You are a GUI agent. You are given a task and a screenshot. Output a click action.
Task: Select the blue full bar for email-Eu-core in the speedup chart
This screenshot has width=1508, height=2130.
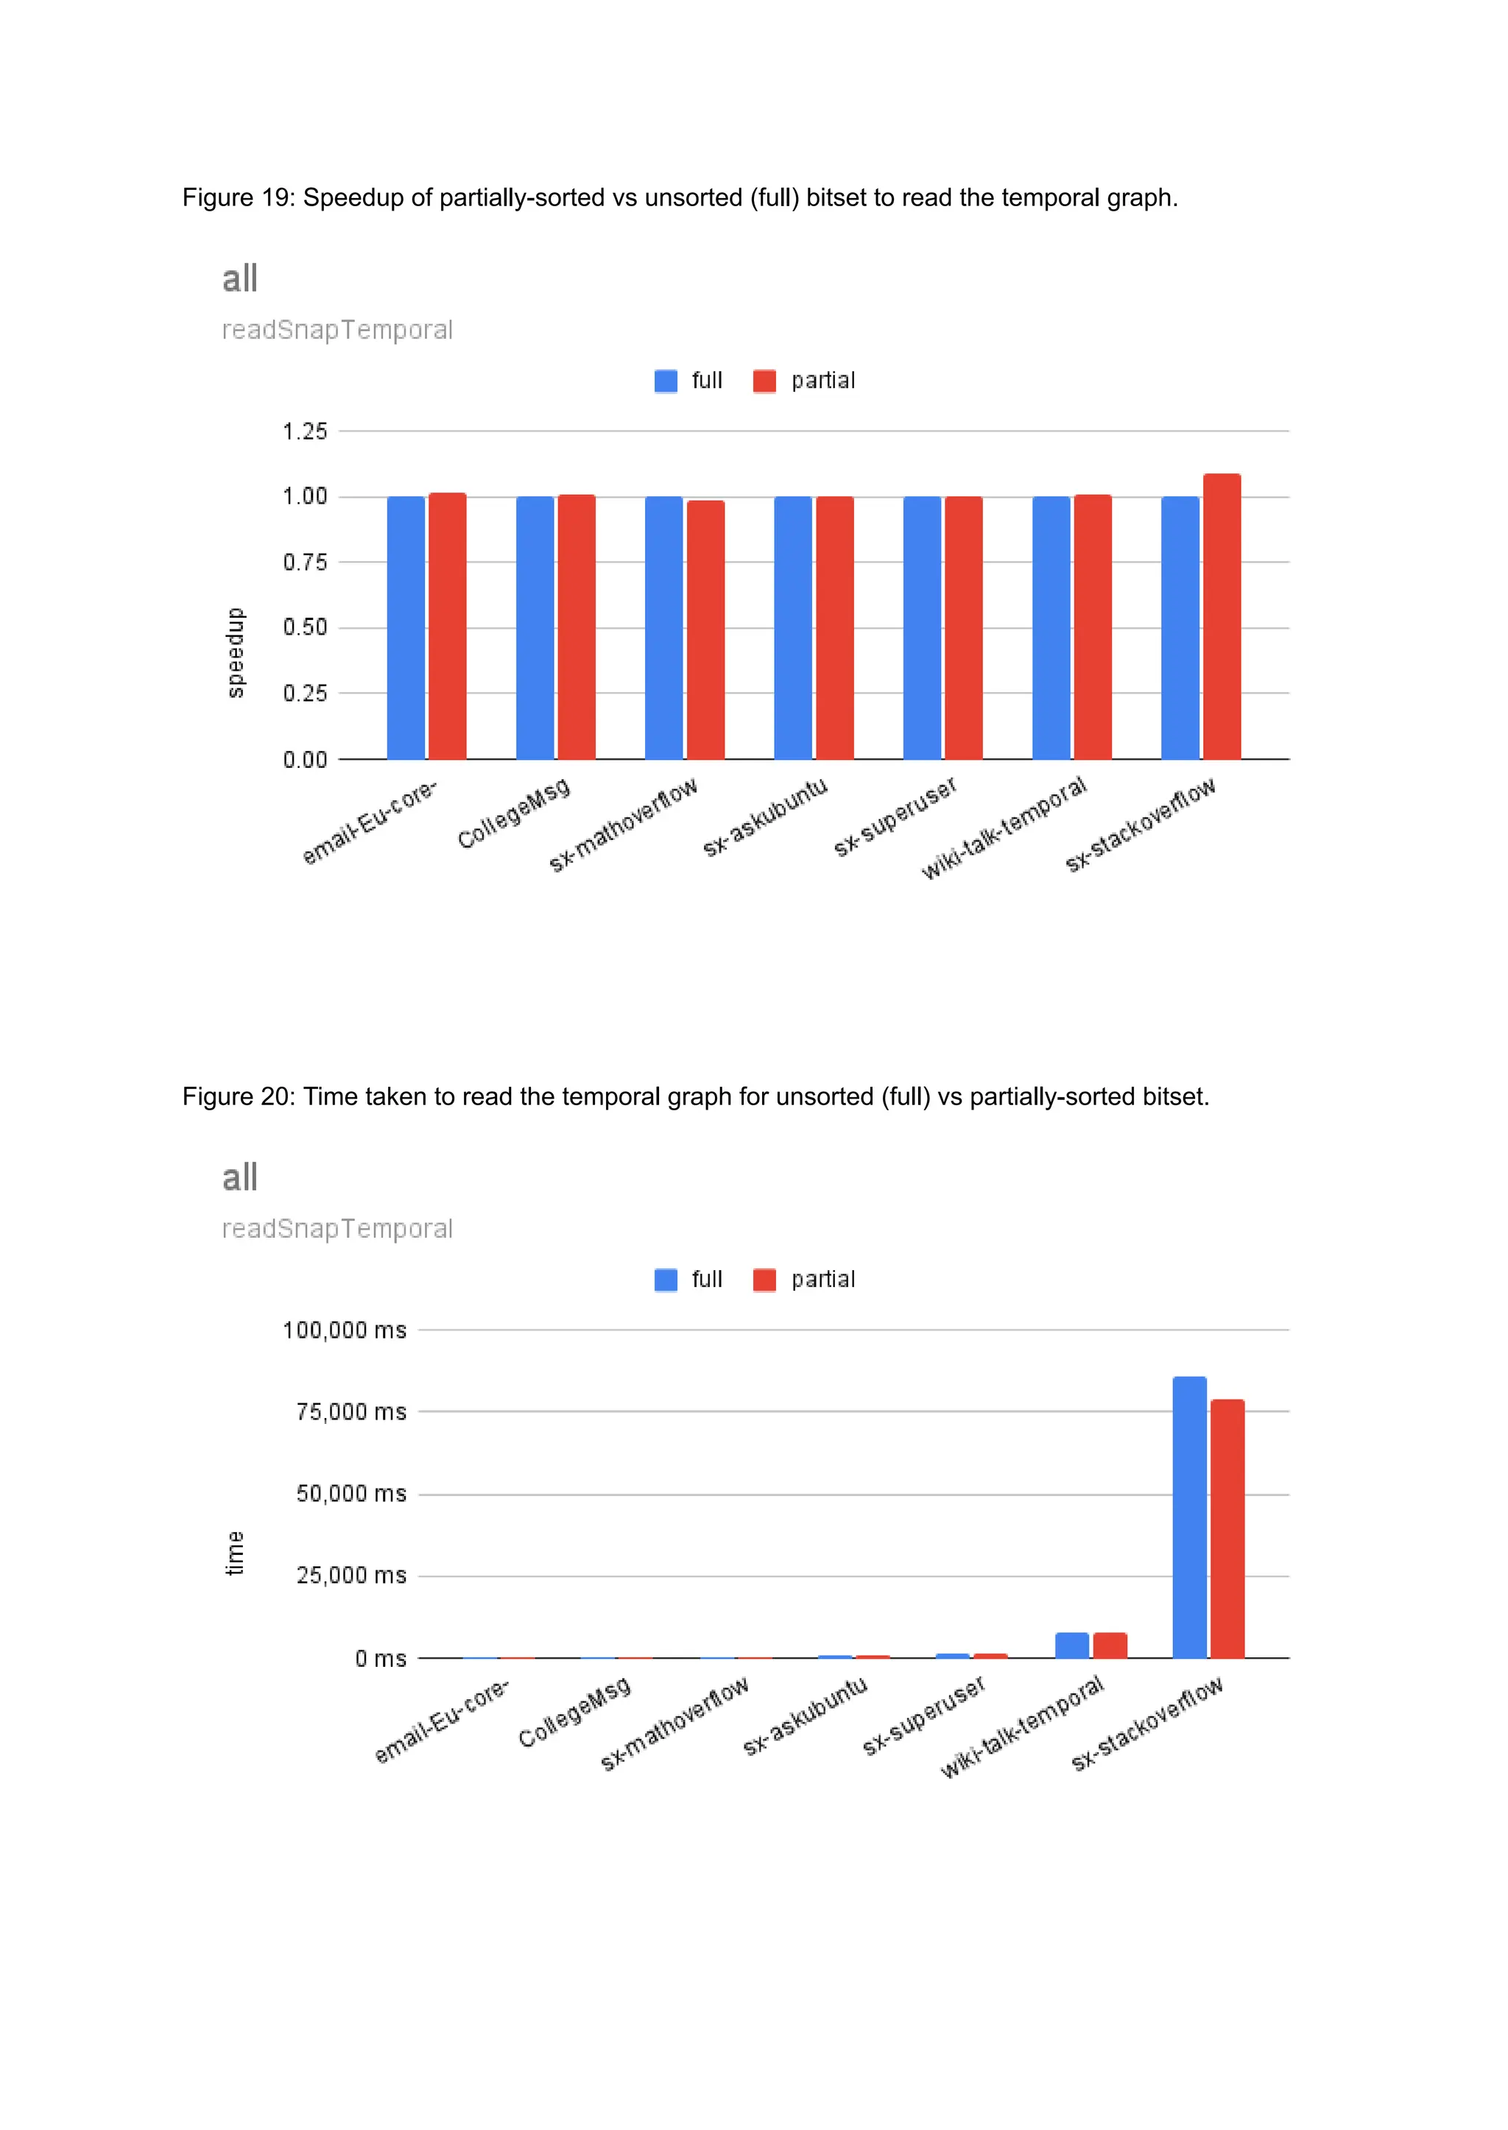406,628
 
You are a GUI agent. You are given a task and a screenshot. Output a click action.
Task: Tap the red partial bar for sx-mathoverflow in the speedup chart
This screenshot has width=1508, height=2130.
705,630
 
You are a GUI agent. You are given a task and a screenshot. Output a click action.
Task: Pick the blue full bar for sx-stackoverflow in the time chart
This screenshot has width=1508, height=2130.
1188,1517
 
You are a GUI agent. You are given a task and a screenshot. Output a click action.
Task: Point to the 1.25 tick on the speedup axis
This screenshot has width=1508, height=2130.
305,431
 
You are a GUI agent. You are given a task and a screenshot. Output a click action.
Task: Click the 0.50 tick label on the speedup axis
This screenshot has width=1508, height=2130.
305,628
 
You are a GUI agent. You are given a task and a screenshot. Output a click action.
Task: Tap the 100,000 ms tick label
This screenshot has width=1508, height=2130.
345,1330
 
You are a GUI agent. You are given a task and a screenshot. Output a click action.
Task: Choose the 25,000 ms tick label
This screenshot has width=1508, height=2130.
351,1576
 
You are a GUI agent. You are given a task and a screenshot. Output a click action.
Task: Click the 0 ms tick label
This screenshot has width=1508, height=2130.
381,1658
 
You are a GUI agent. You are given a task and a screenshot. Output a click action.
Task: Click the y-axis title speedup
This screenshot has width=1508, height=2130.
236,653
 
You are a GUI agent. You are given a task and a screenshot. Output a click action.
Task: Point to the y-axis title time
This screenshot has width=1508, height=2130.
236,1554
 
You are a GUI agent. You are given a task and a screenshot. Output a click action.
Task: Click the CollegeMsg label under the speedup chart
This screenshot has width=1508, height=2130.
513,814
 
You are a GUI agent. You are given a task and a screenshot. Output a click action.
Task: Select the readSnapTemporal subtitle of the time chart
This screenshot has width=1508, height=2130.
337,1230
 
